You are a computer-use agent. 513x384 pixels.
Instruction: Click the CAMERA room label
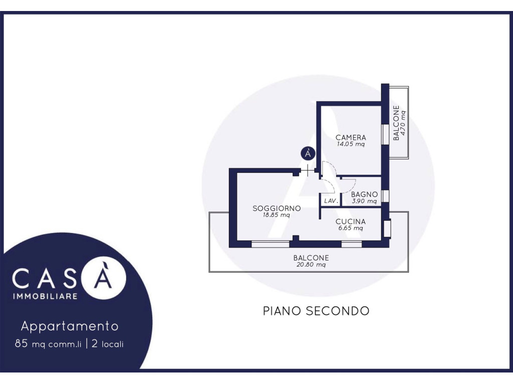pyautogui.click(x=351, y=137)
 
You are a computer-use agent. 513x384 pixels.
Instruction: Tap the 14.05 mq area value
pyautogui.click(x=351, y=144)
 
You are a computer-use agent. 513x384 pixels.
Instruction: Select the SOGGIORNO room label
pyautogui.click(x=277, y=208)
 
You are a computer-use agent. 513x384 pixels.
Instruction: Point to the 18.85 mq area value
pyautogui.click(x=277, y=215)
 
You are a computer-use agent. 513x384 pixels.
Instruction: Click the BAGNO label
pyautogui.click(x=365, y=194)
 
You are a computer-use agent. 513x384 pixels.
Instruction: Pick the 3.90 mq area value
pyautogui.click(x=365, y=201)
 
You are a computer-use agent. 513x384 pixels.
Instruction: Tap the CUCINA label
pyautogui.click(x=351, y=221)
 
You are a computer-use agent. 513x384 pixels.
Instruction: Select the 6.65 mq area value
pyautogui.click(x=351, y=228)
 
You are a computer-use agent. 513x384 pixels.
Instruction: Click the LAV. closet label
pyautogui.click(x=331, y=201)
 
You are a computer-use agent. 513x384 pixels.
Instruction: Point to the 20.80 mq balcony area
pyautogui.click(x=311, y=265)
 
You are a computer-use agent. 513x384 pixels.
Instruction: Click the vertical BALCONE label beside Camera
pyautogui.click(x=396, y=123)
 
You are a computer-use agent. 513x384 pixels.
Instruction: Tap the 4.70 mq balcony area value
pyautogui.click(x=403, y=123)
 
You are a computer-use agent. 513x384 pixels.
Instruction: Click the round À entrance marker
pyautogui.click(x=308, y=153)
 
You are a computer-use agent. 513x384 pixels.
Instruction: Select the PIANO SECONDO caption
pyautogui.click(x=317, y=311)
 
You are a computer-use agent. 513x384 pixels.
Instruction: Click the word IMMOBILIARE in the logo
pyautogui.click(x=45, y=296)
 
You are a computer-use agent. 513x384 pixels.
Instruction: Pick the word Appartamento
pyautogui.click(x=70, y=326)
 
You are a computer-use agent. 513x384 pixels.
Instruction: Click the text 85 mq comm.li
pyautogui.click(x=48, y=344)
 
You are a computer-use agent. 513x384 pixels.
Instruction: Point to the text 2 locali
pyautogui.click(x=108, y=344)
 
